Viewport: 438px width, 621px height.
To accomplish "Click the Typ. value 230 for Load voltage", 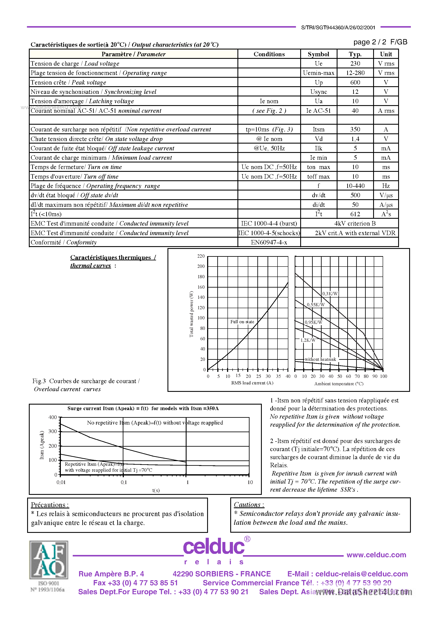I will pos(355,64).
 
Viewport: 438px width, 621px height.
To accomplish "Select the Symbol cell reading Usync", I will pos(319,92).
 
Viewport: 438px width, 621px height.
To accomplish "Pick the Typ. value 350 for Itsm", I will pos(355,130).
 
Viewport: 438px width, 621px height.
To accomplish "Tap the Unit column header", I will pos(386,54).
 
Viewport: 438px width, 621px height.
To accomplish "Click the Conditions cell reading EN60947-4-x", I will pos(269,242).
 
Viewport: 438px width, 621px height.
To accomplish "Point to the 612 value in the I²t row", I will pos(355,214).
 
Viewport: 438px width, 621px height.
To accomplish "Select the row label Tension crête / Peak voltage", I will pos(68,82).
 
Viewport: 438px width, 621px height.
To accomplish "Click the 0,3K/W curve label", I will pos(330,294).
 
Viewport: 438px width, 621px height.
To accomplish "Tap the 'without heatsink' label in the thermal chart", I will pos(320,360).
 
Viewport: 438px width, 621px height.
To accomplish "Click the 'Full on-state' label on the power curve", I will pos(242,322).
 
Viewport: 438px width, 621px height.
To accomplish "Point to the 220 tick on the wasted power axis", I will pos(201,256).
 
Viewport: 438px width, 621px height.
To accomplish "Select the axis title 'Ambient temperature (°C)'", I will pos(339,384).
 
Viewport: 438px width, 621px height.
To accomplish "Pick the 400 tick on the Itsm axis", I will pos(53,417).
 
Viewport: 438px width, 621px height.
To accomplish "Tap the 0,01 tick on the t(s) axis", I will pos(61,482).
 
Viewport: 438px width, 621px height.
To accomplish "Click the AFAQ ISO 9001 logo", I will pos(49,565).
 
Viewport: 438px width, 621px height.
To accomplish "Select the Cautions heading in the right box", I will pos(249,505).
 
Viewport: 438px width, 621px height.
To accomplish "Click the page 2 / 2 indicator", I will pos(370,42).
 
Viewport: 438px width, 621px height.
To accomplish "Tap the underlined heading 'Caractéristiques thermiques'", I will pos(110,257).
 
